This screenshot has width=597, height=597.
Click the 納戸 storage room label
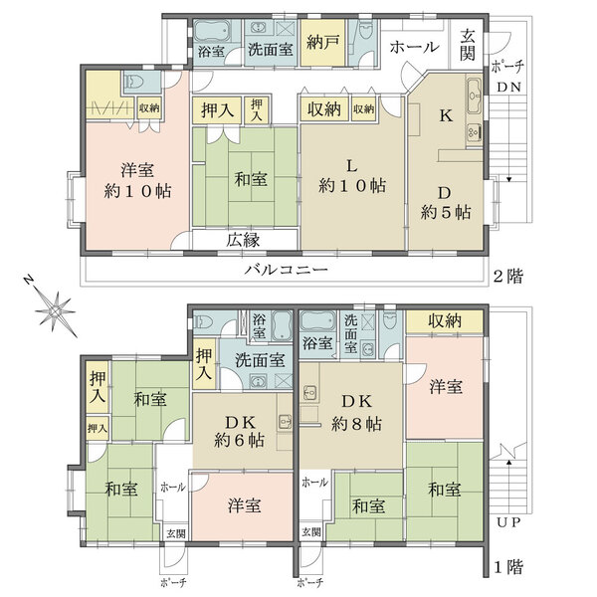(x=322, y=42)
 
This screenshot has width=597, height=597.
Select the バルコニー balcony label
(x=286, y=270)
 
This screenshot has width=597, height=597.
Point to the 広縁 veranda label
(x=244, y=240)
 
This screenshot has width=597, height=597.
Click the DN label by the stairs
(x=508, y=88)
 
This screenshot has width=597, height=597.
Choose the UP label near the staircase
(x=508, y=522)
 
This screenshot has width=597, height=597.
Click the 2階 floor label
(x=508, y=276)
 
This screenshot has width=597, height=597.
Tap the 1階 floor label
(x=508, y=567)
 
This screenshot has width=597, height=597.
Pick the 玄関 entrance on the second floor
(x=468, y=45)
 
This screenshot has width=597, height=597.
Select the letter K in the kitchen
(x=446, y=115)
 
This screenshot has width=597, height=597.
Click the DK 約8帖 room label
(x=356, y=412)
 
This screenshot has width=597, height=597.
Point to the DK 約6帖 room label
(x=240, y=431)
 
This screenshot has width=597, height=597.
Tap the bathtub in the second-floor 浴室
(x=212, y=32)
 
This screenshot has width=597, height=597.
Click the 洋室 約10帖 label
(x=137, y=180)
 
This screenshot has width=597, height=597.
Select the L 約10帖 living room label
(x=352, y=176)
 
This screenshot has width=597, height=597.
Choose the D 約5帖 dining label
(x=446, y=203)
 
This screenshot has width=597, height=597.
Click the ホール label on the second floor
(x=414, y=47)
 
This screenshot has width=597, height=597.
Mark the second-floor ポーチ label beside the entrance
(x=507, y=67)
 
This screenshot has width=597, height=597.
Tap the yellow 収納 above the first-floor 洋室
(x=445, y=321)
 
